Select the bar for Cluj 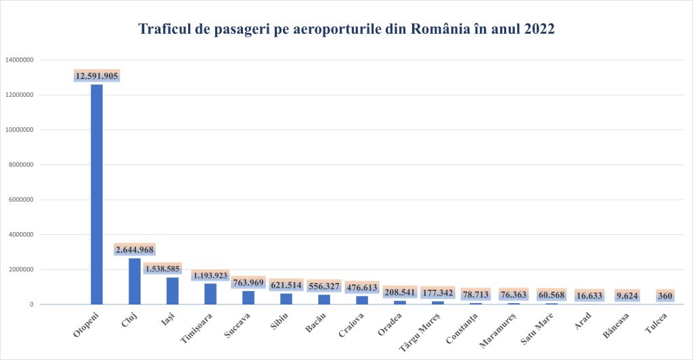pyautogui.click(x=135, y=281)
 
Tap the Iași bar pyautogui.click(x=173, y=291)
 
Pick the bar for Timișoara pyautogui.click(x=210, y=294)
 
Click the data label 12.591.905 pyautogui.click(x=97, y=76)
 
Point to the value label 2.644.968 pyautogui.click(x=135, y=250)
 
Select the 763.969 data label pyautogui.click(x=248, y=282)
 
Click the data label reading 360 pyautogui.click(x=665, y=296)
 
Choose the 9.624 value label pyautogui.click(x=627, y=296)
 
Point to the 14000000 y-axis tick pyautogui.click(x=20, y=60)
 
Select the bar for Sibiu pyautogui.click(x=286, y=298)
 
